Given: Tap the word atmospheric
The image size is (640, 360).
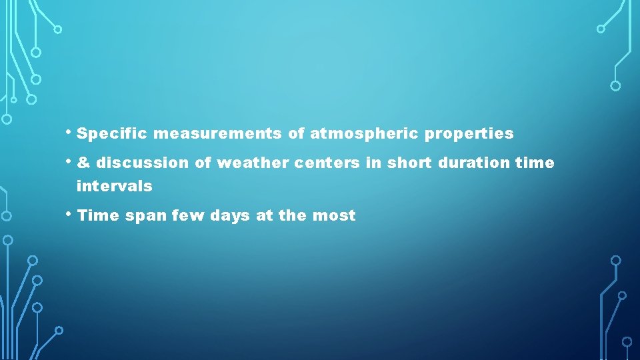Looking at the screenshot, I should coord(365,134).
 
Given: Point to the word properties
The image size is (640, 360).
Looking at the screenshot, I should coord(469,134).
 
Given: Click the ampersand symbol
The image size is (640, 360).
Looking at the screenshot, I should coord(83,163).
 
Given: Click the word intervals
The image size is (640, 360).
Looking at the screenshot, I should coord(114,187).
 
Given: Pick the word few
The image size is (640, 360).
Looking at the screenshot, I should coord(189,216).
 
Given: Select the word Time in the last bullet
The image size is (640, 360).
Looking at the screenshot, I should coord(98,216).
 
